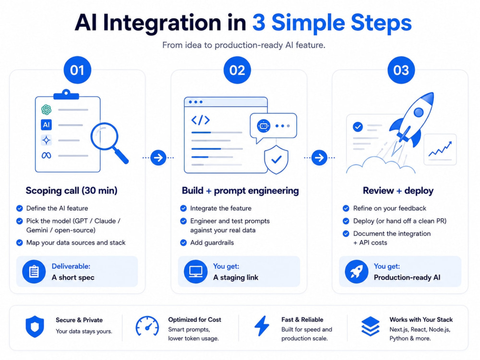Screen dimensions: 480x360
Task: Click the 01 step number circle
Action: coord(77,70)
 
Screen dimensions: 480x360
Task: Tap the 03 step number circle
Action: coord(401,70)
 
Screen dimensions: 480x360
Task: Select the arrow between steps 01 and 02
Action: coord(158,157)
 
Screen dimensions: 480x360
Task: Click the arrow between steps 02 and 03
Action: coord(319,157)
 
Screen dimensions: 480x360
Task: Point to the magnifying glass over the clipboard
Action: coord(108,143)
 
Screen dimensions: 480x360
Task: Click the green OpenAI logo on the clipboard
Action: coord(46,109)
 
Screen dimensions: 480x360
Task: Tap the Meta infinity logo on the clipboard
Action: coord(46,156)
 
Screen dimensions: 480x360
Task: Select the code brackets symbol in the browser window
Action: coord(201,120)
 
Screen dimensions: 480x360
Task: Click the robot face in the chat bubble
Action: coord(263,126)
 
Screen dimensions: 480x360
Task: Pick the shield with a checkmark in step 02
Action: coord(276,159)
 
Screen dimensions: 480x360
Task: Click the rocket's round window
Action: coord(419,112)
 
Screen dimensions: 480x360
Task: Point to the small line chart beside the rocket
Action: coord(440,149)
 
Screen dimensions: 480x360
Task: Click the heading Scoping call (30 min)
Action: coord(72,191)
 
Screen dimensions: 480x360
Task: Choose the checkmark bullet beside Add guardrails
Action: coord(183,243)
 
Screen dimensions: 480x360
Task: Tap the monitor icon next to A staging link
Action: coord(196,272)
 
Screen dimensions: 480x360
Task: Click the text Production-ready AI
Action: coord(407,277)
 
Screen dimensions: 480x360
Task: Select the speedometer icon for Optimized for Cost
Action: coord(147,326)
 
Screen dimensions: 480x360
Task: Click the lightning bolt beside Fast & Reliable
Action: coord(262,326)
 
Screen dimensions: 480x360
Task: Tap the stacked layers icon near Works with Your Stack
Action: coord(371,326)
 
